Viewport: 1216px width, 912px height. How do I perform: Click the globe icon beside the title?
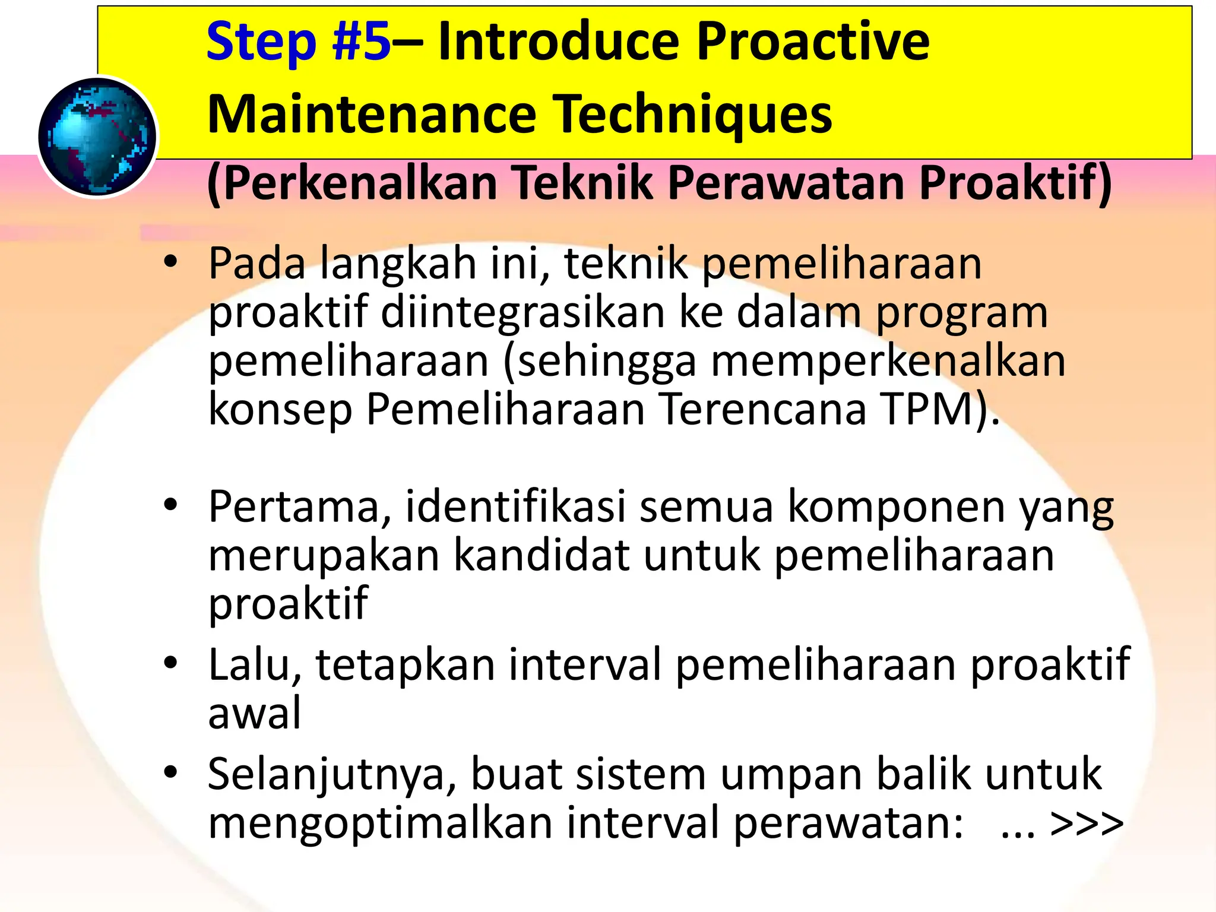point(97,137)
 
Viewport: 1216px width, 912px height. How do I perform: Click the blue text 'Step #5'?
point(298,42)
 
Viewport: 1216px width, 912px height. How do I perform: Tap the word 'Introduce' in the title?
point(558,42)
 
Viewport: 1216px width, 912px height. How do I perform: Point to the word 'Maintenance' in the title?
point(372,114)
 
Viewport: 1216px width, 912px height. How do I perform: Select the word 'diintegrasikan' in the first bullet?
point(522,312)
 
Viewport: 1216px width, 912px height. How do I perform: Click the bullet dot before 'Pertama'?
point(171,505)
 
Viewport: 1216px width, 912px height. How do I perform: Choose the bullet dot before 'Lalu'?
point(171,663)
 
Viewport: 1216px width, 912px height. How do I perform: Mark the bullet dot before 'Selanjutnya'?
point(171,772)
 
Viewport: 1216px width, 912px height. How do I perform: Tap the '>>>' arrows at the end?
point(1087,824)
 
